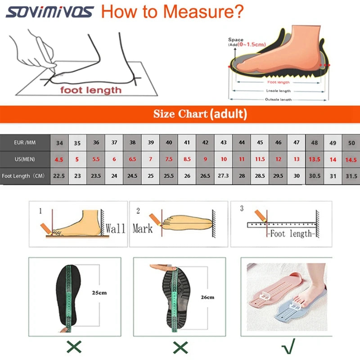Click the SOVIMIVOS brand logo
(49, 11)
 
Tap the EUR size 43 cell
(224, 143)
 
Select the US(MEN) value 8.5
(187, 159)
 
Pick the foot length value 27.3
(224, 176)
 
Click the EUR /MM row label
(25, 143)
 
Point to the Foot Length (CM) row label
(25, 176)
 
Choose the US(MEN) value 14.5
(351, 159)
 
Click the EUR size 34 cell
(59, 143)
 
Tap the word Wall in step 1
(115, 228)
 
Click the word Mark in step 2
(143, 228)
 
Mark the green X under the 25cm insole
(74, 346)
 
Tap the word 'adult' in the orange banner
(229, 114)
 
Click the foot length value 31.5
(351, 176)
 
